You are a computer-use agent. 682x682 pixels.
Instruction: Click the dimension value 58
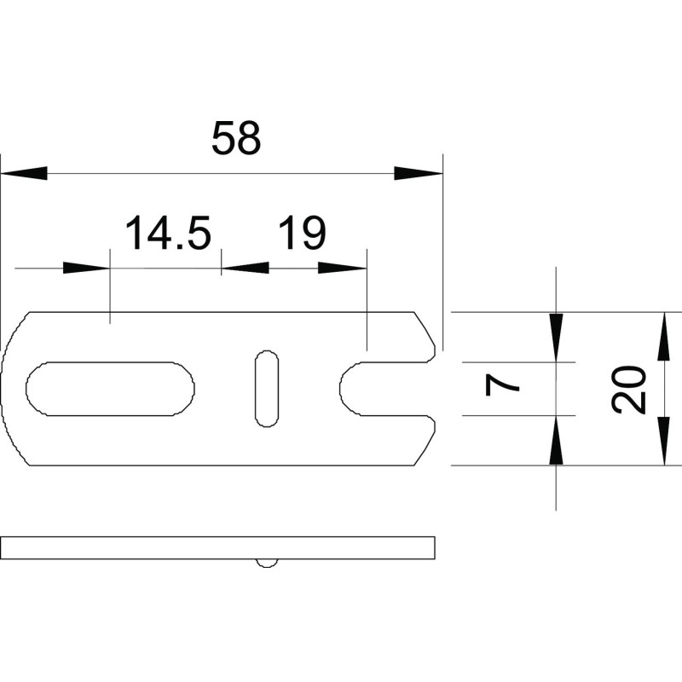click(x=236, y=138)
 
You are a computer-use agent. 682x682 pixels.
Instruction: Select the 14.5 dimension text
click(x=168, y=232)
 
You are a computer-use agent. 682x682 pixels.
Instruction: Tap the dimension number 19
click(x=302, y=232)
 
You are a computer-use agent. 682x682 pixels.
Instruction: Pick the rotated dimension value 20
click(x=628, y=390)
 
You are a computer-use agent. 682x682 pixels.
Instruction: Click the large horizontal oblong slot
click(x=110, y=389)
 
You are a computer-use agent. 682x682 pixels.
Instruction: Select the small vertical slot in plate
click(x=267, y=388)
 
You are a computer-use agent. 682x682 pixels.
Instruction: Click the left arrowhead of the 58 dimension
click(x=24, y=173)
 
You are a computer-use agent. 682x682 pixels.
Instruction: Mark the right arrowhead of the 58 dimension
click(x=418, y=173)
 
